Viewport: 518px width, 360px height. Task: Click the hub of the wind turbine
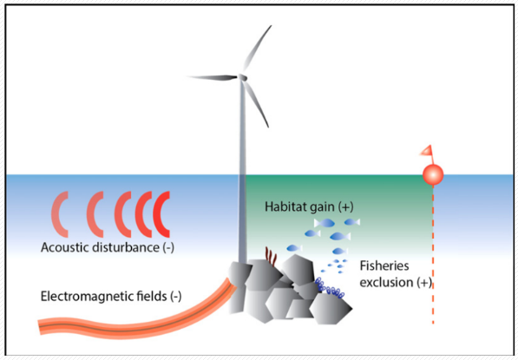[243, 77]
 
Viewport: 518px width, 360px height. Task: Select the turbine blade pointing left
[213, 77]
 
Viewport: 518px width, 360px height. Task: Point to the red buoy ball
[433, 174]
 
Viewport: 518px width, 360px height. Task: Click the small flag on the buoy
[426, 151]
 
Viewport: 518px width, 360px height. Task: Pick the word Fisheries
[384, 265]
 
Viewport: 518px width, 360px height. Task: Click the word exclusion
[386, 283]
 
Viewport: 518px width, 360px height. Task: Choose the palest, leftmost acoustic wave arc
[60, 214]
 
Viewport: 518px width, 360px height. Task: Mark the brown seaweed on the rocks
[271, 256]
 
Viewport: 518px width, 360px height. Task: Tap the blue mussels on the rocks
[330, 288]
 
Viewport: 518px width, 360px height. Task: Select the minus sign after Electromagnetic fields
[176, 297]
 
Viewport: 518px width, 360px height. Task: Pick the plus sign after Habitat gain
[346, 206]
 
